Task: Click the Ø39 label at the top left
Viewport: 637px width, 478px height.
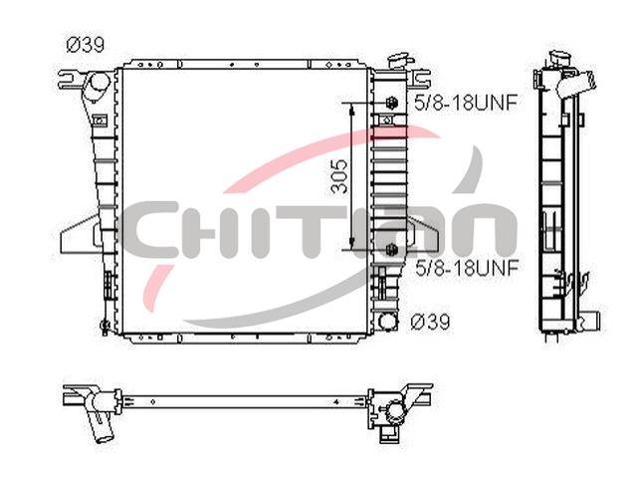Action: pos(86,44)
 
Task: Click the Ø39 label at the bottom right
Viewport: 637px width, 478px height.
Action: pos(431,322)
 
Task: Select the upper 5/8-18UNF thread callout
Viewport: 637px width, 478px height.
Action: pos(466,103)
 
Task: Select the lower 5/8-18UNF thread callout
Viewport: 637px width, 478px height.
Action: pos(467,268)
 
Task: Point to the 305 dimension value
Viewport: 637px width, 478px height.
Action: pos(339,175)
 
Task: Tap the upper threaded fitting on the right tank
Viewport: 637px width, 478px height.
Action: pos(391,103)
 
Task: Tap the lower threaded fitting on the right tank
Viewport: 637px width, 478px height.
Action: pos(391,249)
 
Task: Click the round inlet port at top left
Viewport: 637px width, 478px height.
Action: pos(99,83)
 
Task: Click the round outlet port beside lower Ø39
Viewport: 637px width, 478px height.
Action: pos(388,321)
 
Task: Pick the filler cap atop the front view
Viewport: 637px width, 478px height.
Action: pos(399,61)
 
